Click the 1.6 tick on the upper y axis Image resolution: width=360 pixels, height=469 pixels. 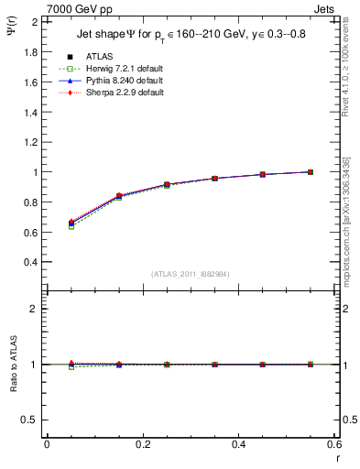[31, 82]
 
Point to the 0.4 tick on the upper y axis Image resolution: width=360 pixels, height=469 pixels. [31, 261]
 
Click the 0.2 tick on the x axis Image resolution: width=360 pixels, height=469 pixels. [143, 444]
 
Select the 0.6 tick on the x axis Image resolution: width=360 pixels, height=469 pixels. [333, 444]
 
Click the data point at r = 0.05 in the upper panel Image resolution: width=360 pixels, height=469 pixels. [71, 224]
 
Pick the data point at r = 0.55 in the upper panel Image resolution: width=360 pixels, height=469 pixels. [311, 172]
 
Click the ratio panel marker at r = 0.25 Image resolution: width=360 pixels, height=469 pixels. [167, 365]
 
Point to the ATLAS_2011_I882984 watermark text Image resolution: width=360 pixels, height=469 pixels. [191, 274]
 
